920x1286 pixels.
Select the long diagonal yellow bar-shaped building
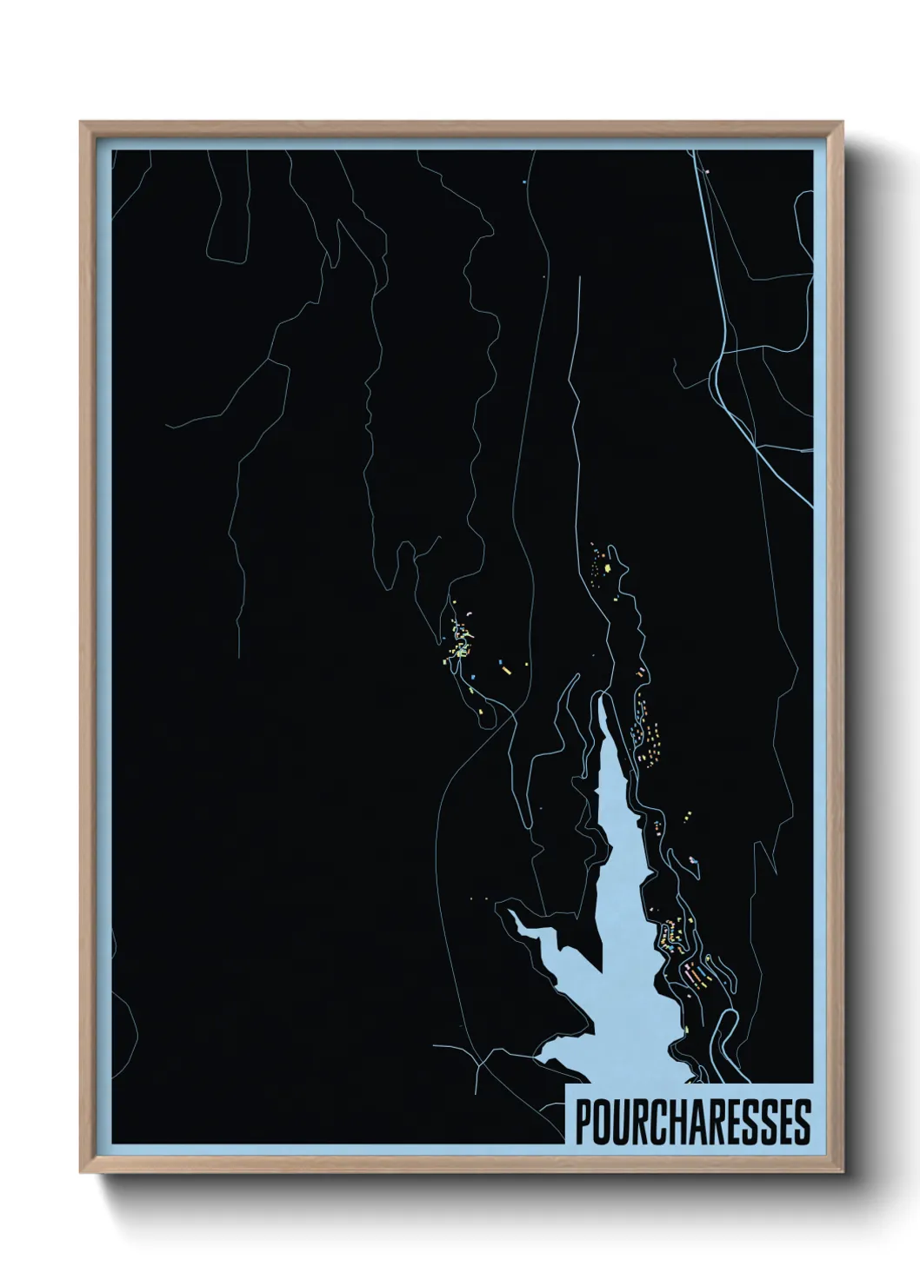[503, 668]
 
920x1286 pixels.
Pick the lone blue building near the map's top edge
[525, 182]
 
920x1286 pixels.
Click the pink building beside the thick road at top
[708, 172]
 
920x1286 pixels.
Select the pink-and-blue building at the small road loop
[693, 860]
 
